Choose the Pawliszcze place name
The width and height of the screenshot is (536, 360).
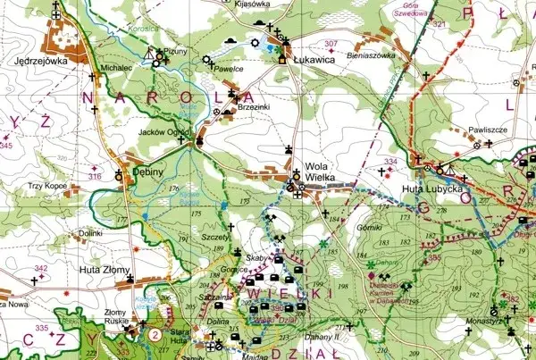point(488,130)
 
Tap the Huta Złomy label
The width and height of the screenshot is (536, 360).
point(105,269)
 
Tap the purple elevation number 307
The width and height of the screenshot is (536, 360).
point(331,44)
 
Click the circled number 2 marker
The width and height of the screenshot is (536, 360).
point(155,335)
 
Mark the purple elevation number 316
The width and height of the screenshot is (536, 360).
point(95,177)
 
